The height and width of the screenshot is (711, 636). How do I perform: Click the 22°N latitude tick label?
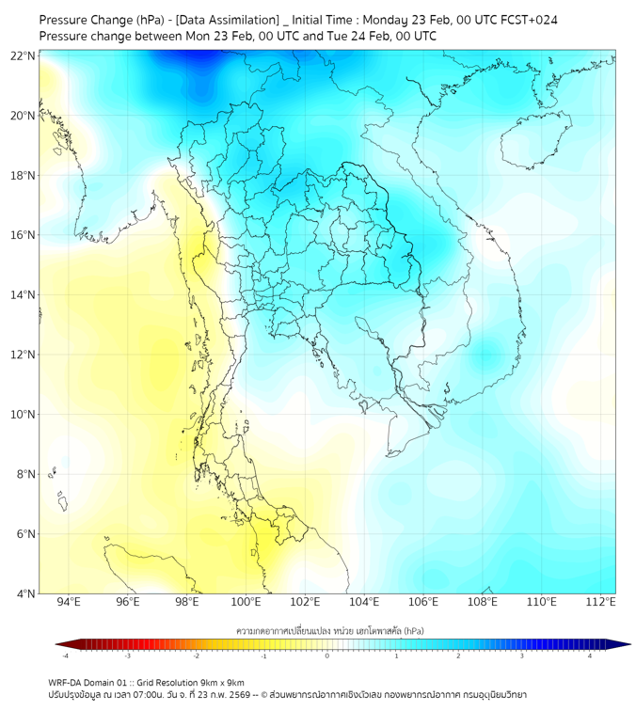(x=23, y=56)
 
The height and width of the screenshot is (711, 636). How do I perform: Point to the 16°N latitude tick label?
(x=23, y=235)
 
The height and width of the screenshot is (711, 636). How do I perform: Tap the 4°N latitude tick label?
(x=25, y=593)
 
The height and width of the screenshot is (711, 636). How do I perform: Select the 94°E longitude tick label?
(x=69, y=602)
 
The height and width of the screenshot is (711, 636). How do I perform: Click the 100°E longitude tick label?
(x=246, y=602)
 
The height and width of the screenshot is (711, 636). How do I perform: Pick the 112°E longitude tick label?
(x=600, y=602)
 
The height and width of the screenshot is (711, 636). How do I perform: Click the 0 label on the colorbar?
(x=327, y=656)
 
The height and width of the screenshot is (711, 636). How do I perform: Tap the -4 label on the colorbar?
(x=65, y=656)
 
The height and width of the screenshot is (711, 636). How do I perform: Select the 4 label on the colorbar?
(x=590, y=656)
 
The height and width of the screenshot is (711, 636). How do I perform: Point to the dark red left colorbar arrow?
(x=60, y=644)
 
